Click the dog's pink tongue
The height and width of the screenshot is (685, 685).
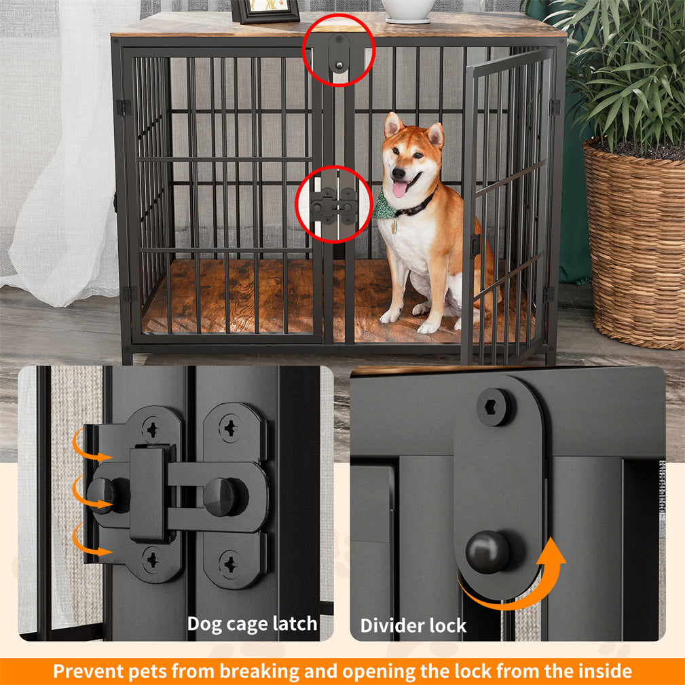pos(401,189)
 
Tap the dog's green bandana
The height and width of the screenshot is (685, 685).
pos(384,206)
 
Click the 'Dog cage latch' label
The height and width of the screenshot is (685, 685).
pos(252,623)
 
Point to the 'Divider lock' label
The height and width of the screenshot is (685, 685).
pos(413,625)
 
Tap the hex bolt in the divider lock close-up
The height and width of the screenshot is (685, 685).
pos(495,407)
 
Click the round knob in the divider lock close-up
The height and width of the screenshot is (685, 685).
pos(487,551)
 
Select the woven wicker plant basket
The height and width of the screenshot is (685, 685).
pos(635,244)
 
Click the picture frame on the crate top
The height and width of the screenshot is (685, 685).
pos(265,11)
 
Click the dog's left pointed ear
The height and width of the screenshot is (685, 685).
pos(392,125)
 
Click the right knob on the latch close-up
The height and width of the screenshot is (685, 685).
pos(221,496)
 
